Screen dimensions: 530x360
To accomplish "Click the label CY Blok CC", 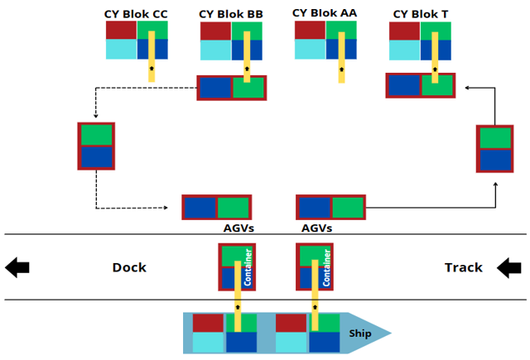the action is pos(136,14).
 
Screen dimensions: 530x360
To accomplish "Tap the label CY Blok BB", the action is pos(231,14).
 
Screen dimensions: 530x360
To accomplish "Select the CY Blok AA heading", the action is pos(325,13).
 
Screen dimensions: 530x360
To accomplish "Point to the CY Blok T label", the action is pos(421,14).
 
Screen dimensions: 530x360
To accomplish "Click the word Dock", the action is pos(129,267).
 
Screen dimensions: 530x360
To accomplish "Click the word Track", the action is pos(464,267).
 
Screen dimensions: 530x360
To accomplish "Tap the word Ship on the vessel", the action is pos(360,334).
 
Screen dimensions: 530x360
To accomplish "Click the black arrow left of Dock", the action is pos(17,267).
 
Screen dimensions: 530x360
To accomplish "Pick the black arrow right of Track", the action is pos(509,268).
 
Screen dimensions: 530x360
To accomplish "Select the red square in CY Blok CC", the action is pos(122,30).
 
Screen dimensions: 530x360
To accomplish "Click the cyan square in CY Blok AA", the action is pos(310,50).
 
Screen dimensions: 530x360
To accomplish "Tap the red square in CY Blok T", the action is pos(405,31).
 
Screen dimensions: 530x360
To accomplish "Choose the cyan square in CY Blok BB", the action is pos(215,50).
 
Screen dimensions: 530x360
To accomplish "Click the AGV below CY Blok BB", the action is pos(232,88).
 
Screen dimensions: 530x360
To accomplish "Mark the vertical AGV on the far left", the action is pos(96,146).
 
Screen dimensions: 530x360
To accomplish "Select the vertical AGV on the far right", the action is pos(495,149).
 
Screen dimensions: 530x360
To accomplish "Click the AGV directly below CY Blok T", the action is pos(421,85).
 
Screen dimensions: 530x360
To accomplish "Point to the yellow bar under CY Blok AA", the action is pos(342,57).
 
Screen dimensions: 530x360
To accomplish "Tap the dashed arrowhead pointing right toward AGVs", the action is pos(166,208).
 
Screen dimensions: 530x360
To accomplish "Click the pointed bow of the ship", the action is pos(391,333).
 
